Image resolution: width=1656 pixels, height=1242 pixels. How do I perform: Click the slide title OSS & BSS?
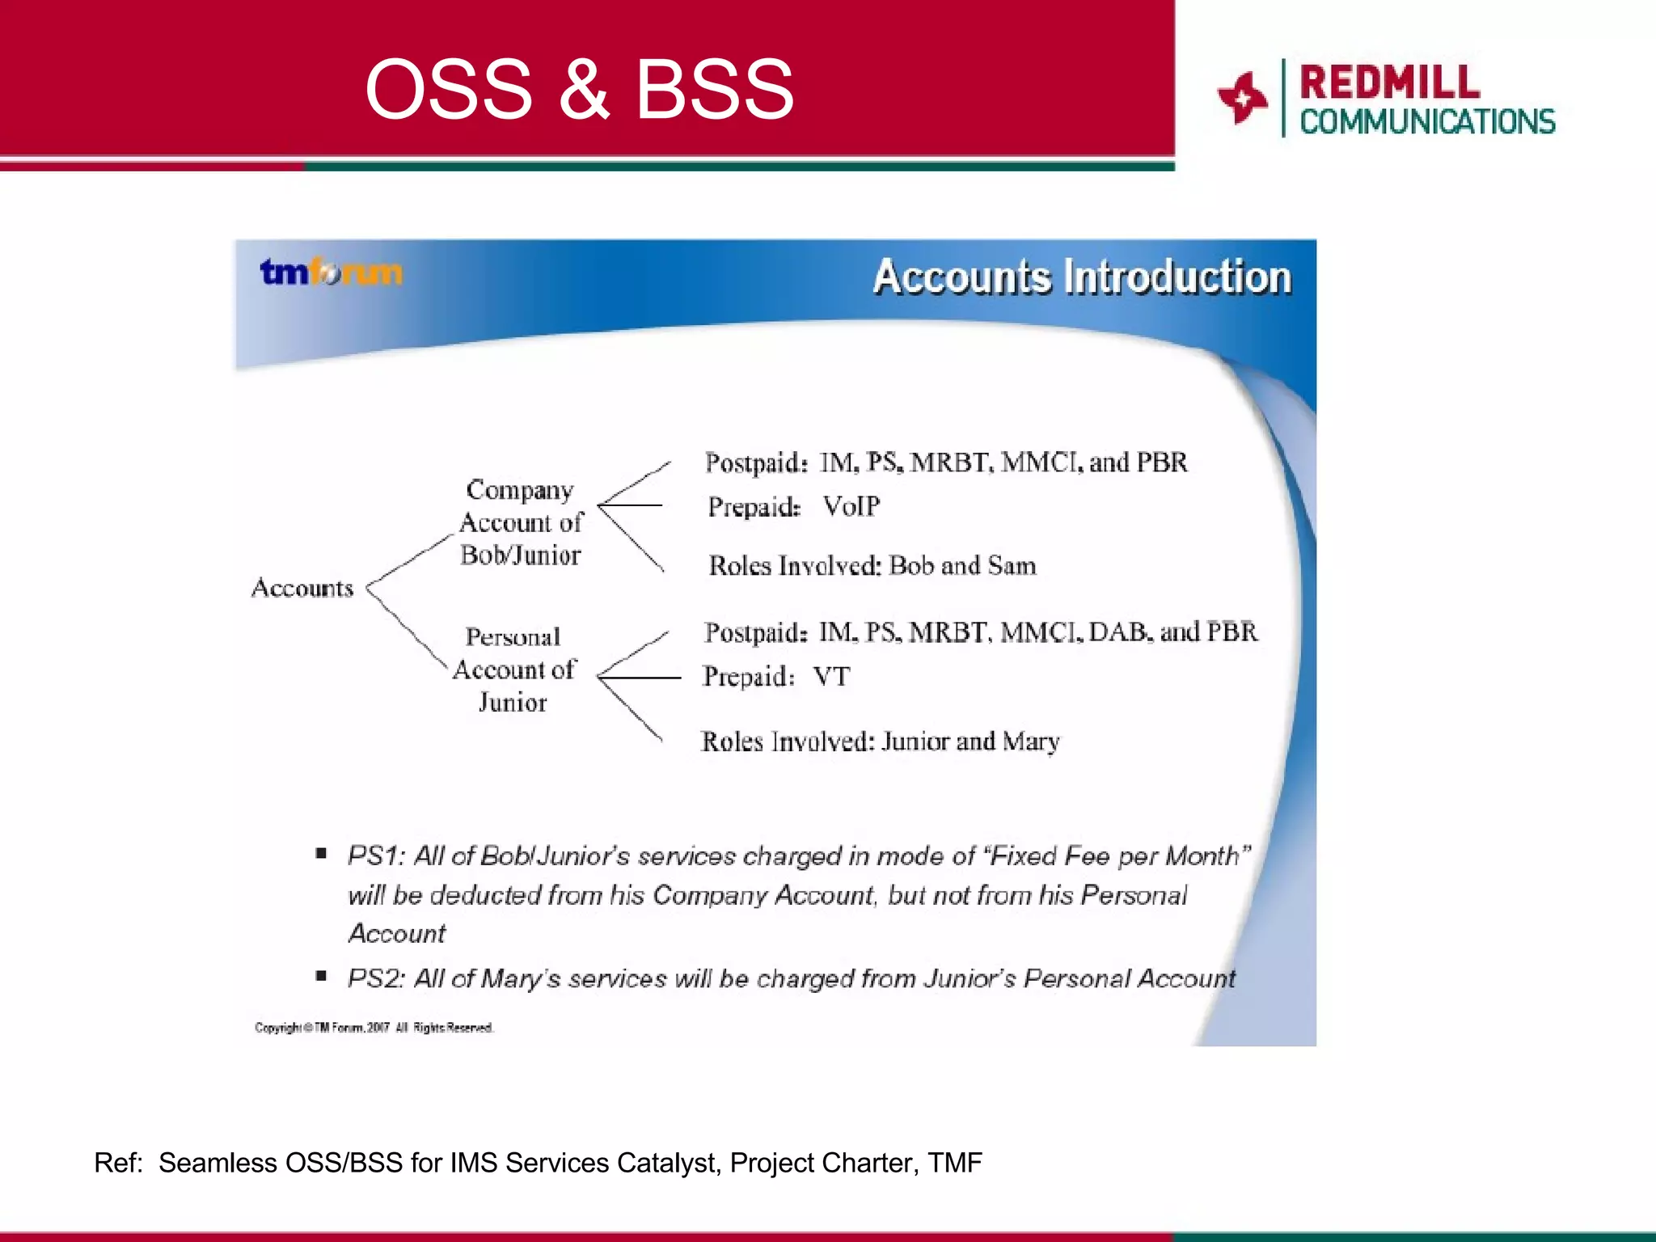579,89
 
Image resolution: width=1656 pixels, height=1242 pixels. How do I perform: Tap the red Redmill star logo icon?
1242,98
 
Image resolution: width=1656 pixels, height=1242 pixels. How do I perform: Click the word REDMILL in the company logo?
1389,82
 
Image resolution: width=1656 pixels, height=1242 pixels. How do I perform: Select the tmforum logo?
331,272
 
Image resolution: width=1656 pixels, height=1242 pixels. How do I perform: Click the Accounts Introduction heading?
1082,277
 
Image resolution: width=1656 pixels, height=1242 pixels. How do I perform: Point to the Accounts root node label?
302,588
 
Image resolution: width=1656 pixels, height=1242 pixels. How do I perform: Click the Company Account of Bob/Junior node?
520,522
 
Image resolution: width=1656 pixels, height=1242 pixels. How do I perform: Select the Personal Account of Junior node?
513,670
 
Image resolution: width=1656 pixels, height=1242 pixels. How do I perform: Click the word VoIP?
851,506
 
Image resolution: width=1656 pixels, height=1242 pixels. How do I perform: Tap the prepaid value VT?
831,676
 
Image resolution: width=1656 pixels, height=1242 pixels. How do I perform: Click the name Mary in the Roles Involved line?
1031,741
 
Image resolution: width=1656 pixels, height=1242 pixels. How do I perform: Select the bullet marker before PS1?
321,853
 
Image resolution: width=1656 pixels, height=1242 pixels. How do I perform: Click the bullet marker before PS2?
321,976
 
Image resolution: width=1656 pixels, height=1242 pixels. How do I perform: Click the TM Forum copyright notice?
374,1028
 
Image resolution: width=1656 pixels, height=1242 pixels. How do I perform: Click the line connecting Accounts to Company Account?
411,560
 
